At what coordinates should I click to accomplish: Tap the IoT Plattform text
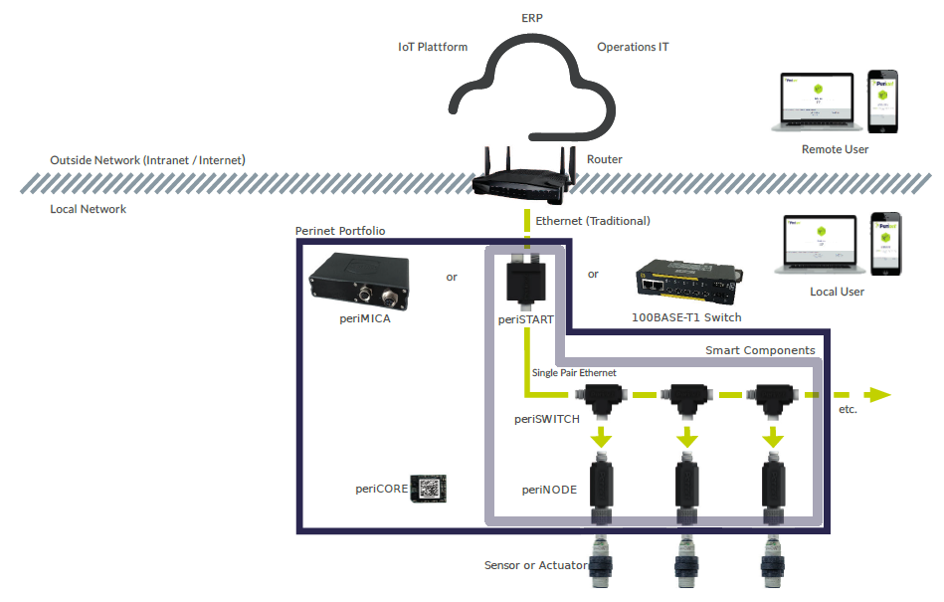[432, 47]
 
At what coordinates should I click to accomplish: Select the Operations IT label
[633, 47]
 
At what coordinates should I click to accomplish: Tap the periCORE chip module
[430, 489]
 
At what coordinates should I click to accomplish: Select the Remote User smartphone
[882, 100]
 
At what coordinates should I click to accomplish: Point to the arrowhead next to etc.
[877, 395]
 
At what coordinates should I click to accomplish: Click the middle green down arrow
[685, 437]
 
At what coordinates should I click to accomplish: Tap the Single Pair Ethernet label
[574, 373]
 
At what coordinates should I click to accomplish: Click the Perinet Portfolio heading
[340, 231]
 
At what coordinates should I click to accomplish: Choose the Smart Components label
[760, 350]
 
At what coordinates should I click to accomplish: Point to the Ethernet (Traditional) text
[592, 221]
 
